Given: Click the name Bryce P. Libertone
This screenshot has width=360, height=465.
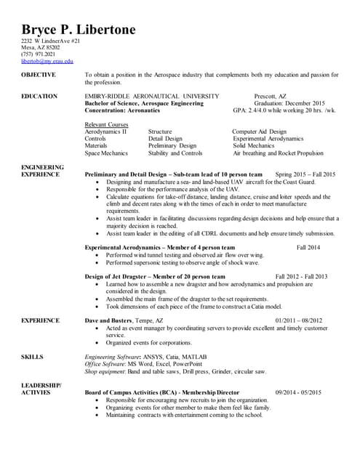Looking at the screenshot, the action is click(x=78, y=30).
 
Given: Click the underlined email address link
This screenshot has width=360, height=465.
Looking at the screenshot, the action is click(x=47, y=61).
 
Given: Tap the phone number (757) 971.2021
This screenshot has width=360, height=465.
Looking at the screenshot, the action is click(x=38, y=54).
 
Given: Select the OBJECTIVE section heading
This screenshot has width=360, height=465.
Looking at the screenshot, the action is click(x=39, y=75).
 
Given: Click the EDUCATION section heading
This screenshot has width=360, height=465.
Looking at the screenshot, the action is click(x=39, y=96).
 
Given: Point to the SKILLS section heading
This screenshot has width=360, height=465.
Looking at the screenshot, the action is click(x=33, y=357).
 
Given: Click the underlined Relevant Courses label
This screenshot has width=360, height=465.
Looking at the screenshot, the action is click(x=106, y=124).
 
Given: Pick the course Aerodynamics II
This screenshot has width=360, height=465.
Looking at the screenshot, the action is click(x=105, y=132).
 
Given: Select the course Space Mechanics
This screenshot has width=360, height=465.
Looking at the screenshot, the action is click(x=106, y=153).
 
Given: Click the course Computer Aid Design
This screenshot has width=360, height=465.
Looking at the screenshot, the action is click(x=260, y=132).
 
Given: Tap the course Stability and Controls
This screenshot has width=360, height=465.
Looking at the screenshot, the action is click(x=175, y=153).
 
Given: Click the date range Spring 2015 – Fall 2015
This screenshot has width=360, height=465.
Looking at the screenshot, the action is click(x=305, y=175).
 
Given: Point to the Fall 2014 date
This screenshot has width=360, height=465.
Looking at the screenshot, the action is click(x=308, y=248).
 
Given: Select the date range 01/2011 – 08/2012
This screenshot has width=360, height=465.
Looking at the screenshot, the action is click(x=299, y=320).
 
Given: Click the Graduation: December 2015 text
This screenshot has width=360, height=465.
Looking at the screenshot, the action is click(x=289, y=103).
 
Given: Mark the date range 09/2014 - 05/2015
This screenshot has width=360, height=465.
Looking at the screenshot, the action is click(x=298, y=393).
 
